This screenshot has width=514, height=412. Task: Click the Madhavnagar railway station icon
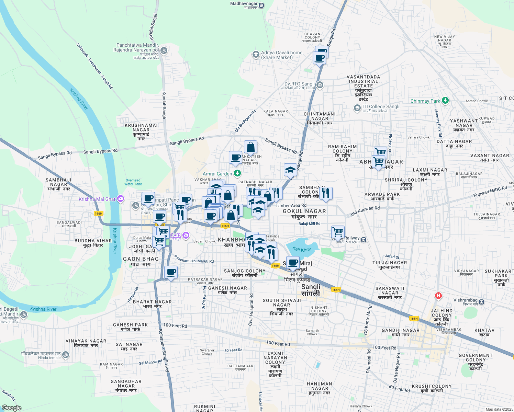262,5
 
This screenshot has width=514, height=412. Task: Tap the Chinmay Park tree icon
445,101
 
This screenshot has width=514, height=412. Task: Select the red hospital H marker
438,296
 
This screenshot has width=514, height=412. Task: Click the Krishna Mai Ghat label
97,199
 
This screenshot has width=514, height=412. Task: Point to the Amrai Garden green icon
237,173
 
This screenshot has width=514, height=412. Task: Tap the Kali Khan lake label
302,249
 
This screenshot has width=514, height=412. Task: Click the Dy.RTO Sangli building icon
320,85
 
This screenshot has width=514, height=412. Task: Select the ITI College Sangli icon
357,108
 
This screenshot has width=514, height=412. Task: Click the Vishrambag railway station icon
482,302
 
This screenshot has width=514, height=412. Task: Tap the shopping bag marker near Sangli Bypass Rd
251,147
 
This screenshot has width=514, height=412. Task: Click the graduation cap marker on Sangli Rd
290,170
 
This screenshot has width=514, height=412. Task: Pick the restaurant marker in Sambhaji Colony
326,194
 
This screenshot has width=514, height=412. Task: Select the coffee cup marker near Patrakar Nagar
171,273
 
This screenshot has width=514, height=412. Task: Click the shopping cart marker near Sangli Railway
338,232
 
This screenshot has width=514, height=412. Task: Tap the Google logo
11,408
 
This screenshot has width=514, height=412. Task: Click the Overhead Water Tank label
133,182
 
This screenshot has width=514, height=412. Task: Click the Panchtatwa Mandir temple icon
164,50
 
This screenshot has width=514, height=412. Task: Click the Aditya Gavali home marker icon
256,55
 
